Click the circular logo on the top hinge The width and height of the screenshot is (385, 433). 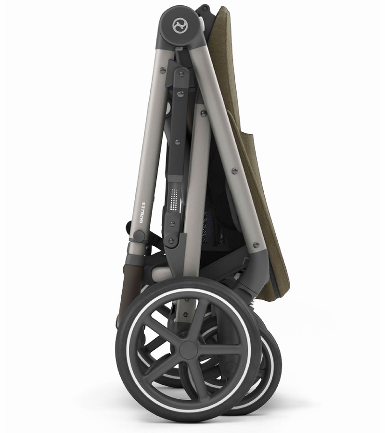click(x=180, y=25)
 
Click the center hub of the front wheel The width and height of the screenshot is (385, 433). click(x=189, y=350)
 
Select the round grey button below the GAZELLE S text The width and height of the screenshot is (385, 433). click(x=139, y=236)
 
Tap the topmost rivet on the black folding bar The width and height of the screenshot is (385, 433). click(x=181, y=74)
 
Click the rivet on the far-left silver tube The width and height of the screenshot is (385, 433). click(x=162, y=70)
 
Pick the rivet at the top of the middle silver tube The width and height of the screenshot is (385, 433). click(x=204, y=113)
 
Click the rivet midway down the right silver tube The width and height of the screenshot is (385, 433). click(x=234, y=171)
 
